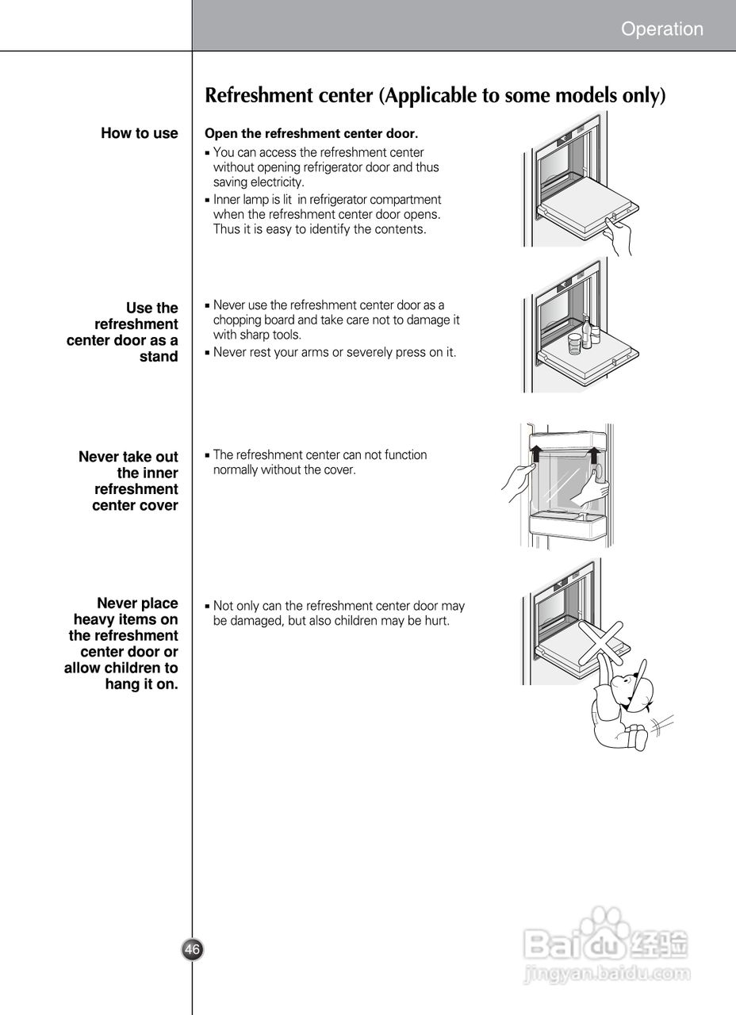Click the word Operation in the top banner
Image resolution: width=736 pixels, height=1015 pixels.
[x=661, y=29]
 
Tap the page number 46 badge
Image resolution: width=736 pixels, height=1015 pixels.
[x=193, y=949]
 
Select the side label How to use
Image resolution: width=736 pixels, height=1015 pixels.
[x=140, y=133]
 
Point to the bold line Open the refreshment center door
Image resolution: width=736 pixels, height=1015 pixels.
[x=311, y=133]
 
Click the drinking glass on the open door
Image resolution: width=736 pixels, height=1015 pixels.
[x=574, y=343]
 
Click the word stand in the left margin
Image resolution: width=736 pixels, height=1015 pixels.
[x=159, y=357]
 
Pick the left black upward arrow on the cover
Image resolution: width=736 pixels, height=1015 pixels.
[x=537, y=454]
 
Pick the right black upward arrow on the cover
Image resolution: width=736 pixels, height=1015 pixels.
[x=593, y=454]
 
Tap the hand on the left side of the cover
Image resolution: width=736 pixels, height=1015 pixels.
[x=518, y=481]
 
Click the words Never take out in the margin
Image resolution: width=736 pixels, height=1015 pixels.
[x=128, y=457]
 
